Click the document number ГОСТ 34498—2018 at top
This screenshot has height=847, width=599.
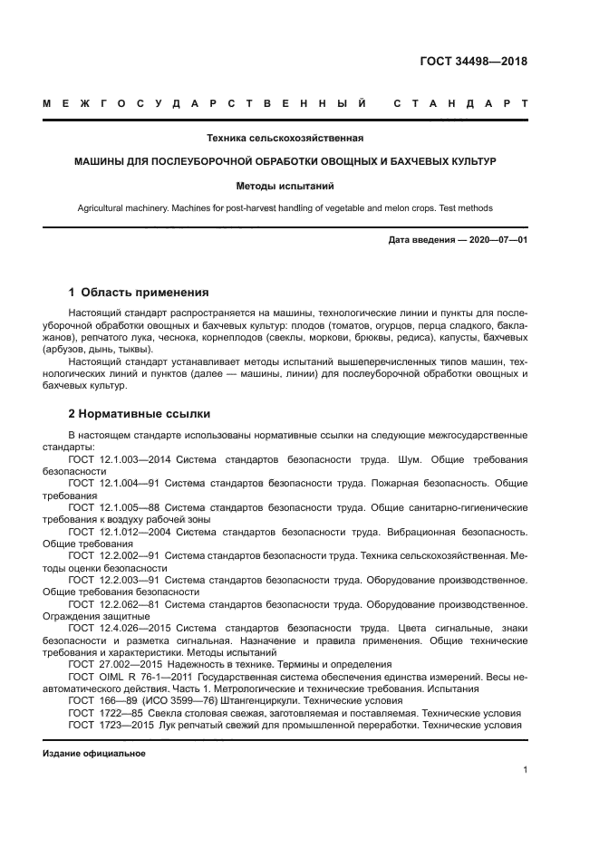473,62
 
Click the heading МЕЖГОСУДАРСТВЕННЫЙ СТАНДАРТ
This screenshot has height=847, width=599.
285,104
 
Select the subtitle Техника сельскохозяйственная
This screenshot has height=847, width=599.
285,139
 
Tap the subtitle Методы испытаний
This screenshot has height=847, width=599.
285,186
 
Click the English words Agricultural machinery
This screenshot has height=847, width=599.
123,207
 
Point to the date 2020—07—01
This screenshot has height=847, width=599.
496,240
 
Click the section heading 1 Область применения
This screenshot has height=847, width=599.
139,293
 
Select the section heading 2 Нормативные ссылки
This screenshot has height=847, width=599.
140,414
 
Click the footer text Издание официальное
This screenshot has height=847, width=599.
94,754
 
